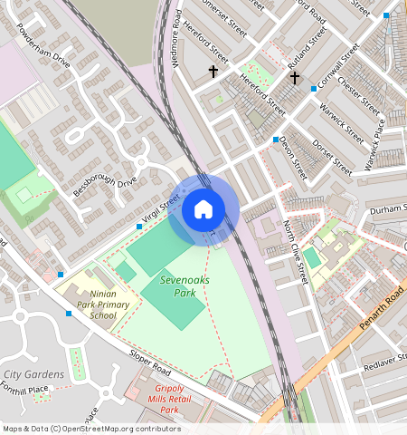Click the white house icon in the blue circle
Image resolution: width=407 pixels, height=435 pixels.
[203, 210]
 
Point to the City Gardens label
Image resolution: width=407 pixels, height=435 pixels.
[33, 374]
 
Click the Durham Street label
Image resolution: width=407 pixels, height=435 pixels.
[389, 210]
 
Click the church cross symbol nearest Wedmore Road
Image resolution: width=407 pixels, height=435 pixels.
[213, 71]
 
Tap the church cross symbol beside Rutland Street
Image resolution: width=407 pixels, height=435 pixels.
[294, 78]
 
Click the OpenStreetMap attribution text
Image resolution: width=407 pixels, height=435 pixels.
[90, 429]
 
